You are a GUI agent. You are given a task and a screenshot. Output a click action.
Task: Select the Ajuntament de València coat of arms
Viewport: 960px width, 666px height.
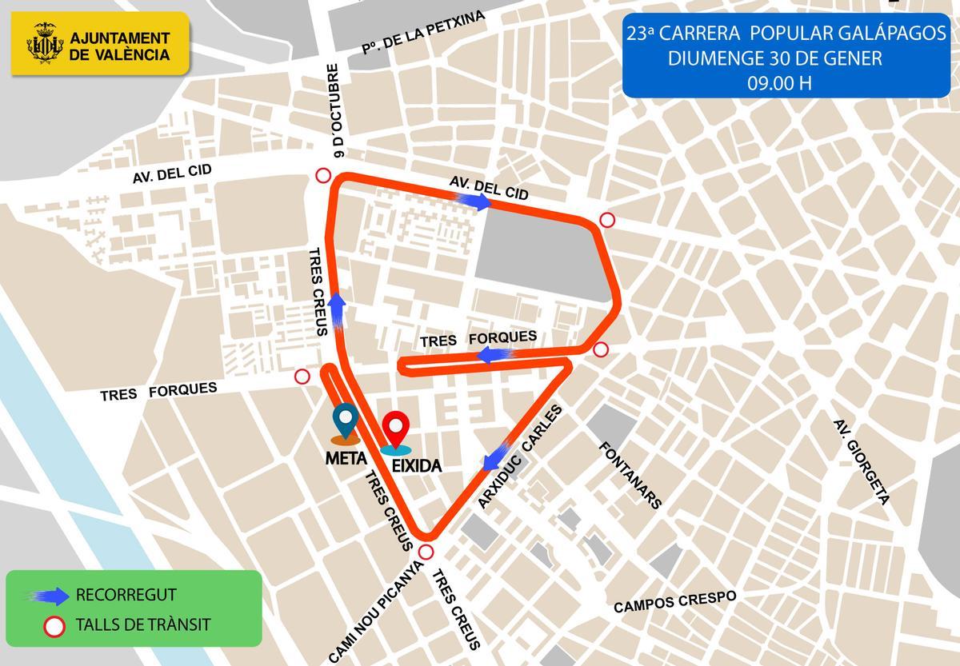click(x=45, y=44)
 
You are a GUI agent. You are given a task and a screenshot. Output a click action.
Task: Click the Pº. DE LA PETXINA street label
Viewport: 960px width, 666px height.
click(x=423, y=34)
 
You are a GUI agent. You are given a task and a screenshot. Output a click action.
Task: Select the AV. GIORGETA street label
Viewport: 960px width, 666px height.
click(x=861, y=461)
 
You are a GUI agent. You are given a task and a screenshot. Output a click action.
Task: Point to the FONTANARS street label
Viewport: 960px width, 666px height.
click(x=630, y=475)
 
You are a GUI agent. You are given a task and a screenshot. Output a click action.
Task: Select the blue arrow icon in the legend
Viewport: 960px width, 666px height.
click(x=49, y=595)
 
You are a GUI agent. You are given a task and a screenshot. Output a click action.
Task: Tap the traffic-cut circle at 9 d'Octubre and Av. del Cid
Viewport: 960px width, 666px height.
click(x=323, y=177)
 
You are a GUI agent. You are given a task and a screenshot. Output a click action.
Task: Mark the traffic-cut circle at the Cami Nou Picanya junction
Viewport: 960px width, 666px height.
click(x=426, y=552)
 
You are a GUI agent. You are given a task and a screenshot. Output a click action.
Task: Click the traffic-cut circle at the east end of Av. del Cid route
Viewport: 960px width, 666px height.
click(x=607, y=220)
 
